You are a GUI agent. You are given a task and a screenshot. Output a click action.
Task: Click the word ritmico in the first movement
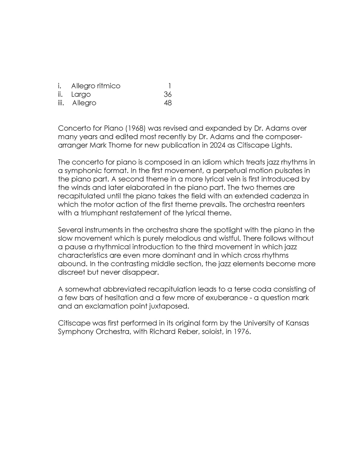[x=109, y=86]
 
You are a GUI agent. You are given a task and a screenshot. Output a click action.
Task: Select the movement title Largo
[x=81, y=95]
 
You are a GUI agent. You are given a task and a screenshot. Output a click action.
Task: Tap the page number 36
[x=168, y=95]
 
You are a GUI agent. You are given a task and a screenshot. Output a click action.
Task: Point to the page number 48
[x=168, y=103]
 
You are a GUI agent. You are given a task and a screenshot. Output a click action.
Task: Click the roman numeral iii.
[x=61, y=103]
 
